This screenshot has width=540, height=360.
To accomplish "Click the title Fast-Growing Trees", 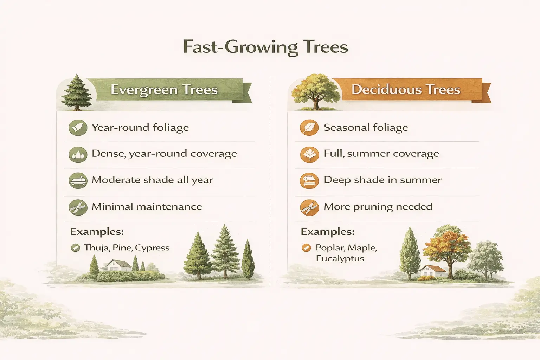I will (265, 47).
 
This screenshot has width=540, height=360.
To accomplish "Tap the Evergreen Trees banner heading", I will (164, 90).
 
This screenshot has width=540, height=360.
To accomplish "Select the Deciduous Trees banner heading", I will (406, 90).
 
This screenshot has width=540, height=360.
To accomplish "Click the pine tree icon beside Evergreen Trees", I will (76, 92).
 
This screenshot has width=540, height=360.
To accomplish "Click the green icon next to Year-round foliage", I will (78, 128).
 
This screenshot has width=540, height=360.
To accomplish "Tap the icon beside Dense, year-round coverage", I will (78, 154).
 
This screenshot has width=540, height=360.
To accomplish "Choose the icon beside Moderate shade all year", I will (78, 181).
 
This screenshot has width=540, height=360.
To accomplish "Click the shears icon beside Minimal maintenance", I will (78, 207).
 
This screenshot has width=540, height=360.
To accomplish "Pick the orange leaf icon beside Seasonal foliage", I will (309, 128).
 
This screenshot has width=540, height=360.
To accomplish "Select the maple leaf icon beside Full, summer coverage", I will (309, 154).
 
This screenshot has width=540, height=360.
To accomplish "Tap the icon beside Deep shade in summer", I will (309, 181).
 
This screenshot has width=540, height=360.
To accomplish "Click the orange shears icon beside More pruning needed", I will (309, 207).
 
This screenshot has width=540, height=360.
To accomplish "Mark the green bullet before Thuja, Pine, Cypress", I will (75, 248).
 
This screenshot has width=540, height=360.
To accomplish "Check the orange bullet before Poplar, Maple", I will (306, 248).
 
